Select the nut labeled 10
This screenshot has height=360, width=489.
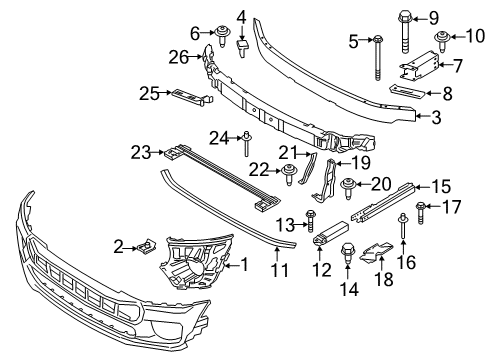pos(442,40)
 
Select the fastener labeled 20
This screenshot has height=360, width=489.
pos(350,184)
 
